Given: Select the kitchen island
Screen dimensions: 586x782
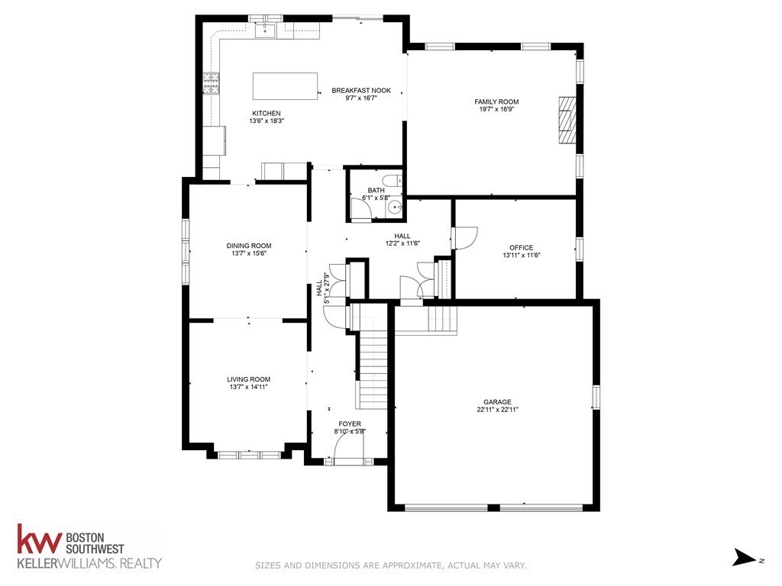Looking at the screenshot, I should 285,86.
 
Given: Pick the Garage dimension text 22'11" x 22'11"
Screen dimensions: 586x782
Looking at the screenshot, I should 496,410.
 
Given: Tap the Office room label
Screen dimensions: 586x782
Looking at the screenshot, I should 521,247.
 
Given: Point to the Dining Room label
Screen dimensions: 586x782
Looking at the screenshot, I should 249,246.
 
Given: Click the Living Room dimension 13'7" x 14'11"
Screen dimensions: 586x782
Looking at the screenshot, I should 249,387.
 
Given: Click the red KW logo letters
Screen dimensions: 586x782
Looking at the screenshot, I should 38,541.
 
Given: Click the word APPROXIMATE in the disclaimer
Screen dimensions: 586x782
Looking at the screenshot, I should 409,565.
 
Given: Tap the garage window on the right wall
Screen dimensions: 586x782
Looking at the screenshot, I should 596,397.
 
